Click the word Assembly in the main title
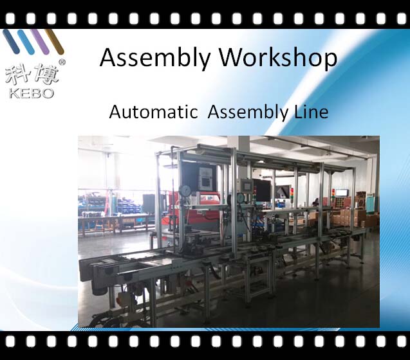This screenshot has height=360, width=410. pos(155,58)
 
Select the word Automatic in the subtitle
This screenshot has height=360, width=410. pos(153,112)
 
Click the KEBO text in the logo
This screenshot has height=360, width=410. pos(32,93)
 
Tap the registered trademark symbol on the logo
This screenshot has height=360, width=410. pos(62,62)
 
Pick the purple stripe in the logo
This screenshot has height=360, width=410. pos(40,41)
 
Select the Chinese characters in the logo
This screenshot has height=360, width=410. pos(32,75)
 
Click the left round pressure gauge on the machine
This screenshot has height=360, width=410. pos(185,191)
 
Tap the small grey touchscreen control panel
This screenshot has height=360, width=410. pos(247,187)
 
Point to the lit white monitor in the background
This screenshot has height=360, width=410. pos(342,193)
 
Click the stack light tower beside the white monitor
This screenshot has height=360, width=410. pos(333,194)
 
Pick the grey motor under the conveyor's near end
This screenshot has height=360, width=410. pos(99,287)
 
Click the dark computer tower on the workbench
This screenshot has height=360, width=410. pos(149,203)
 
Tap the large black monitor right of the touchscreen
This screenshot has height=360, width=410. pos(262,190)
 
